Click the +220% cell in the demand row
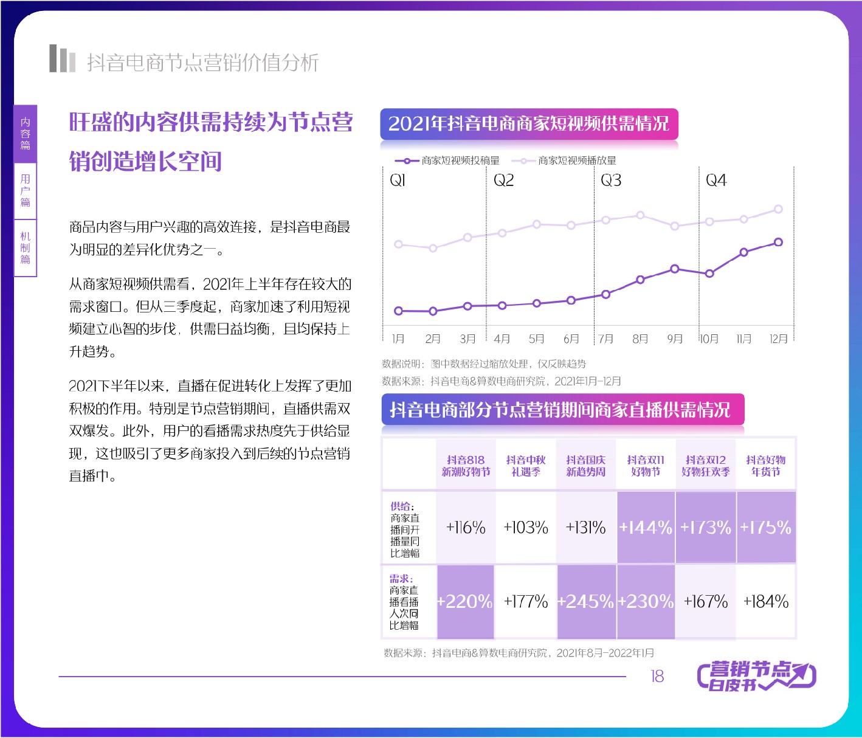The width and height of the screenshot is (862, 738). [465, 602]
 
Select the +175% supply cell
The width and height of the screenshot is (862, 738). [766, 527]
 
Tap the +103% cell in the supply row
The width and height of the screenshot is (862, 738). [526, 527]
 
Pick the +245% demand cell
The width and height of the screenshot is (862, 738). [586, 602]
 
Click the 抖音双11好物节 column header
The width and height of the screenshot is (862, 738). [646, 466]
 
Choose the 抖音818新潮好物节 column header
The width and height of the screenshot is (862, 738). [466, 466]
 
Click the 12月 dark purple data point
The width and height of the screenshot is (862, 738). [778, 242]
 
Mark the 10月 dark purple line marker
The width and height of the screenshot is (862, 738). [709, 274]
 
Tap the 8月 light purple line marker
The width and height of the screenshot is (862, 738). [640, 215]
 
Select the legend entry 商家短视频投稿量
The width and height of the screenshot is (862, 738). [447, 160]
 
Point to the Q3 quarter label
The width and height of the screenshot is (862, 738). [611, 181]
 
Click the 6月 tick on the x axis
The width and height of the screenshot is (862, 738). [571, 339]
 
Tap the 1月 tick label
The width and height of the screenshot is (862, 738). [398, 339]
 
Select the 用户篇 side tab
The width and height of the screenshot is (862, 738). [26, 190]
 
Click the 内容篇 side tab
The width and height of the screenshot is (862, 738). [26, 134]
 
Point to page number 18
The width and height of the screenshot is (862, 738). [657, 676]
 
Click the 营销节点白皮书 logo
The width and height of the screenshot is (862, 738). [756, 675]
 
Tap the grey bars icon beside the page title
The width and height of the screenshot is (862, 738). [62, 59]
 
